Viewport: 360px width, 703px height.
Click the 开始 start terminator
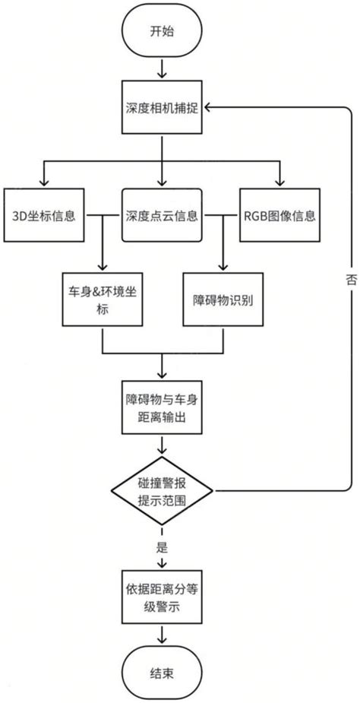[x=161, y=31]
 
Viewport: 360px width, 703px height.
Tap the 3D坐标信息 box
[x=44, y=215]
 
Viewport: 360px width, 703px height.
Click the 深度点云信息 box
[x=161, y=215]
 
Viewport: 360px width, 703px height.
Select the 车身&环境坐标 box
[x=103, y=299]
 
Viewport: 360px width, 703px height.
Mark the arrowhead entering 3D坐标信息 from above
[x=44, y=182]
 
